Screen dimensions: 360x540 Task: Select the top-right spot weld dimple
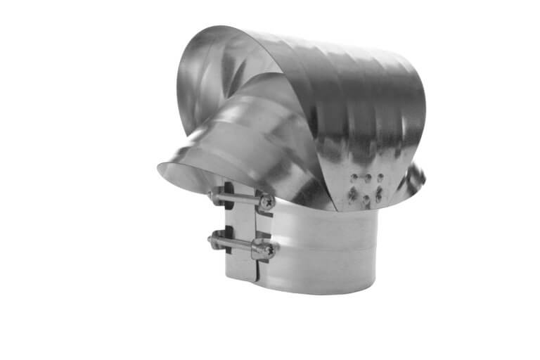click(x=380, y=177)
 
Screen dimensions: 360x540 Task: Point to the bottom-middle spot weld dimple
click(x=366, y=199)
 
